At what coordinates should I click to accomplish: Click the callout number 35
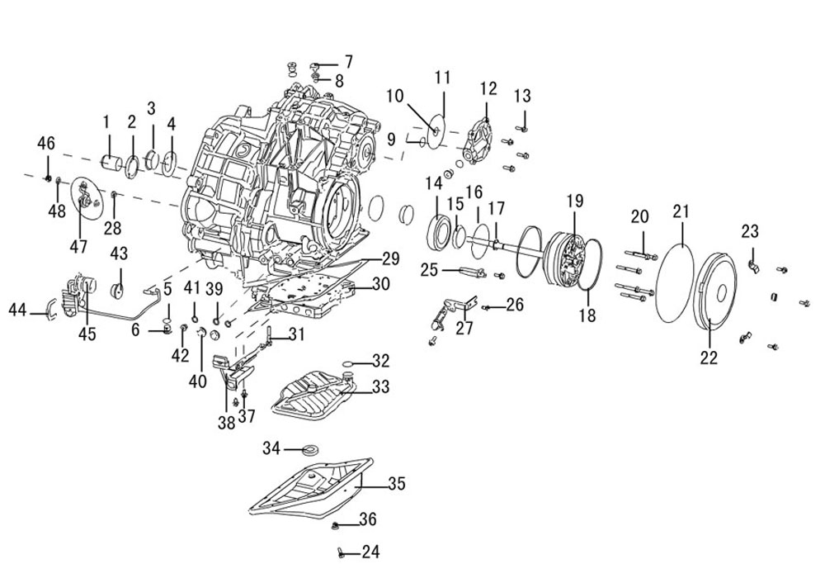(x=397, y=483)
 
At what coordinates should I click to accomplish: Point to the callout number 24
(x=370, y=552)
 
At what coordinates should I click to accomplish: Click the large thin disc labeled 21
(x=676, y=282)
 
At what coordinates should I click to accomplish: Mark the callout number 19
(x=575, y=201)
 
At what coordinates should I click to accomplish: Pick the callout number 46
(x=46, y=142)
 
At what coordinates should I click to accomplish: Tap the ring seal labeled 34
(x=312, y=450)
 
